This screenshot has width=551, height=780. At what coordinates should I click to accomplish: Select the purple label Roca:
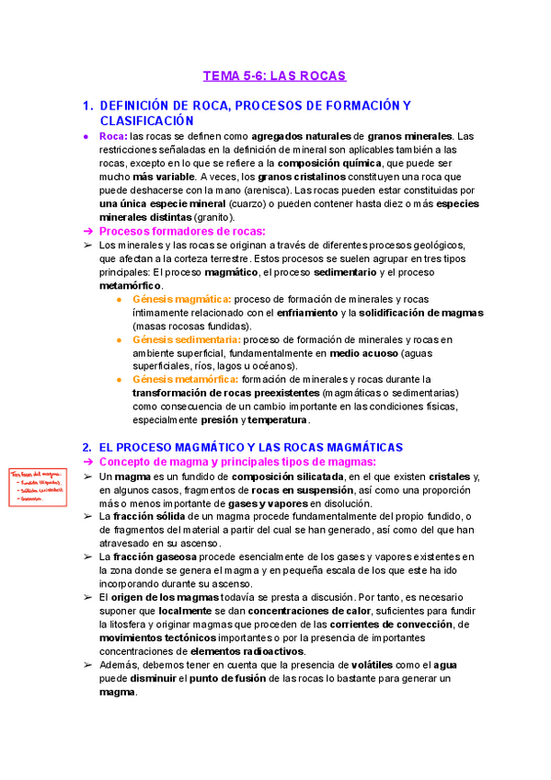point(113,136)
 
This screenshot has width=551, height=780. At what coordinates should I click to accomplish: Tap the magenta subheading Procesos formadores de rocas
point(182,231)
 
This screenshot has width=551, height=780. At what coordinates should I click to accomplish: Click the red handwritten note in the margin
point(39,487)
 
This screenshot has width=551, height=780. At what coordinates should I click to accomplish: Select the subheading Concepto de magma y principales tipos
point(237,462)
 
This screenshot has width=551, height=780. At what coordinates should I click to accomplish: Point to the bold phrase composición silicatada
point(288,476)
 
